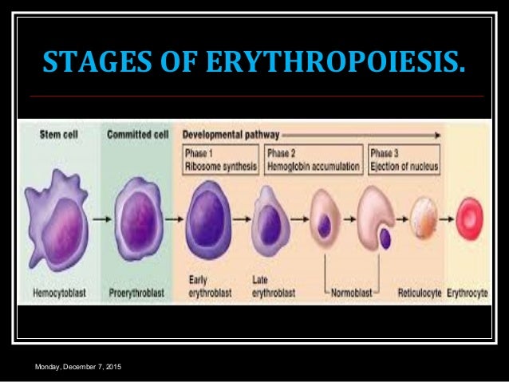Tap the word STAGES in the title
[x=89, y=57]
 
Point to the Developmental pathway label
[x=227, y=134]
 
